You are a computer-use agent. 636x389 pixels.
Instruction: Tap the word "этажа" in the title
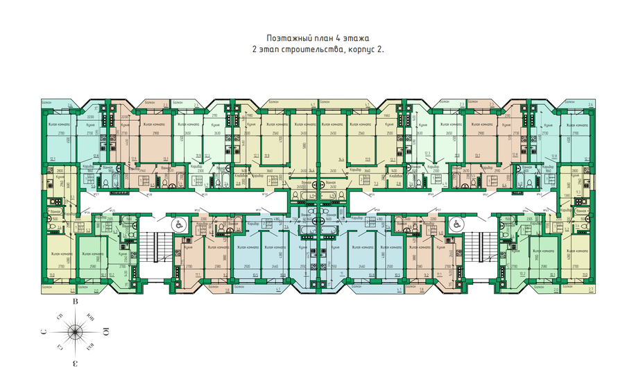pos(358,38)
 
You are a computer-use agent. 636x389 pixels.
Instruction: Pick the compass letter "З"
pos(75,363)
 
